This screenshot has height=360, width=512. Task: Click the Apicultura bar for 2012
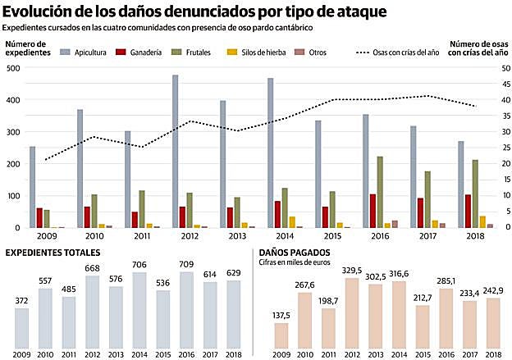(176, 152)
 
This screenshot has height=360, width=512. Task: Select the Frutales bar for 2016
(379, 192)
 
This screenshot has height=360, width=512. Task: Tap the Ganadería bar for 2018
(469, 211)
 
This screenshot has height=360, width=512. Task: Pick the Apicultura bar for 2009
(33, 187)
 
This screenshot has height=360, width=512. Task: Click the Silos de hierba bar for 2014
(292, 222)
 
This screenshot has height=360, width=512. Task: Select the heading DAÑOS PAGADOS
(295, 253)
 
